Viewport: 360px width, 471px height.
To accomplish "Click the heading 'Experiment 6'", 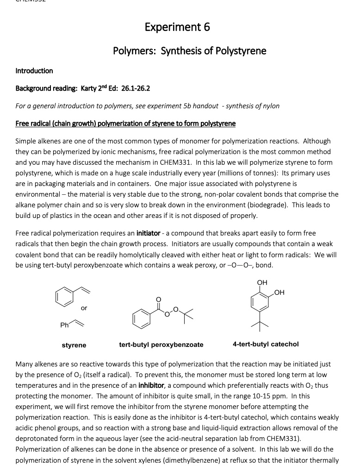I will [x=177, y=27].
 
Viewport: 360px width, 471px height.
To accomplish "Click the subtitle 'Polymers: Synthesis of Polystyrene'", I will [x=189, y=50].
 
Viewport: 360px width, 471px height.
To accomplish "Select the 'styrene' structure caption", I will [x=74, y=345].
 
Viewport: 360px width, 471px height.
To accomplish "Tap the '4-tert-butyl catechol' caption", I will [x=266, y=344].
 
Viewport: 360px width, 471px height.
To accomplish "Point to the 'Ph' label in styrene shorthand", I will [x=64, y=325].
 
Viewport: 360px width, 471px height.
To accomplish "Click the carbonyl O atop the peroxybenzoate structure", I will [x=158, y=299].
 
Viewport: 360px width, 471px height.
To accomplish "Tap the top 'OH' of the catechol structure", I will [x=262, y=283].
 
